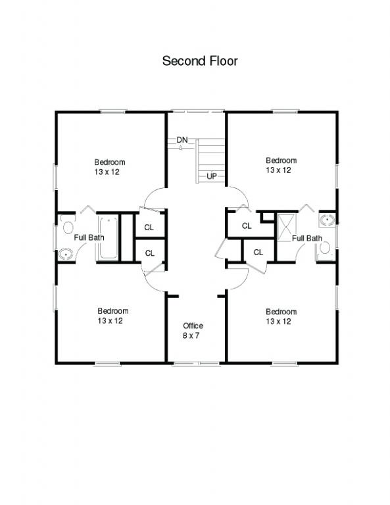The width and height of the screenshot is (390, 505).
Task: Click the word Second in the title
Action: tap(185, 61)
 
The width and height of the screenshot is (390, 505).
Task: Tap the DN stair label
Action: tap(182, 140)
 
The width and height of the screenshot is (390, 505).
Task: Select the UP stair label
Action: tap(212, 176)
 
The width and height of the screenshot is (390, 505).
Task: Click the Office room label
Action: tap(193, 325)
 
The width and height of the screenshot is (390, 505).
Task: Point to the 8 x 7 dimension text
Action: tap(191, 335)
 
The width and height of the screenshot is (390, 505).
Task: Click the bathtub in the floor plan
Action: tap(108, 237)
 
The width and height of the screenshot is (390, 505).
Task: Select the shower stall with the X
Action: tap(286, 226)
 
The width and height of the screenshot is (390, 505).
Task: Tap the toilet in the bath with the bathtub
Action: tap(68, 227)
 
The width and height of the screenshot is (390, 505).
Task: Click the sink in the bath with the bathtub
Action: tap(66, 254)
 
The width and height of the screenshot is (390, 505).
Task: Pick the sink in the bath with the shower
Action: tap(328, 220)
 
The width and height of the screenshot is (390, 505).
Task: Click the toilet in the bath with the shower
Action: tap(325, 248)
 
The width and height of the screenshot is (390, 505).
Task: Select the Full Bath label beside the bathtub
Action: tap(89, 237)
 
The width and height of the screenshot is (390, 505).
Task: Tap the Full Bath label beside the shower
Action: tap(307, 238)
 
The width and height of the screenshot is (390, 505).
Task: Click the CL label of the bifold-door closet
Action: tap(247, 226)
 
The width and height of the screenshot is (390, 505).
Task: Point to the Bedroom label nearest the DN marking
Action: tap(109, 162)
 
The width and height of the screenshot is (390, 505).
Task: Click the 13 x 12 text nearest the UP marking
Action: tap(278, 170)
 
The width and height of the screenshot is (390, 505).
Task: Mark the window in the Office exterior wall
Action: tap(196, 364)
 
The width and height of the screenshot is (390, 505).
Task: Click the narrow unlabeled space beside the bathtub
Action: tap(126, 237)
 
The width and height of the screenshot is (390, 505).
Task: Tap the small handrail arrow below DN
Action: tap(181, 148)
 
